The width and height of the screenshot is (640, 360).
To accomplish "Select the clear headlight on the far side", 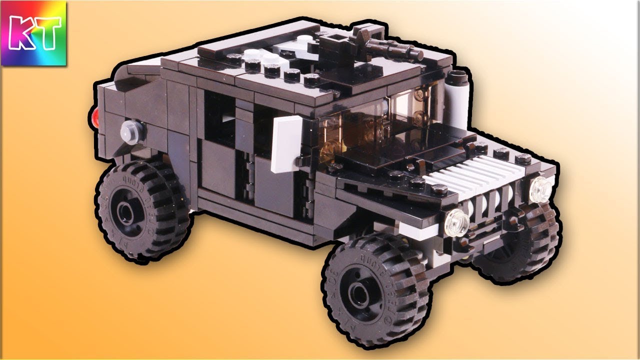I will coord(540,189).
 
